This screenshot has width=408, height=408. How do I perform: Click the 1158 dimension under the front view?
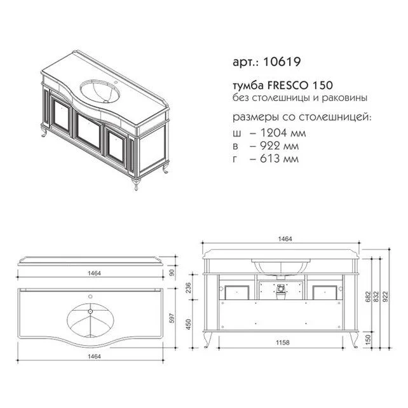coord(283,342)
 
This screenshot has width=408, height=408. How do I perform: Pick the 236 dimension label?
coord(188,287)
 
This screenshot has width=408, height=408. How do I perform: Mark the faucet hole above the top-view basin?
coord(91,296)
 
